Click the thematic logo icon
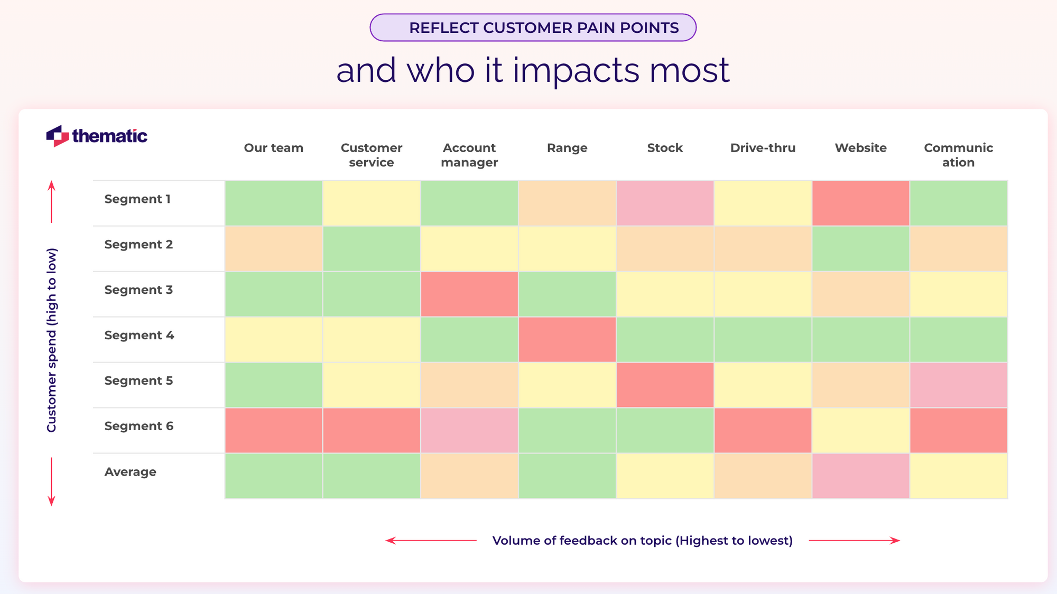point(58,136)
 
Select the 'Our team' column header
point(274,148)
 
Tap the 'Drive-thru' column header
point(763,148)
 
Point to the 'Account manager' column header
point(469,155)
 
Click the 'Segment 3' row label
point(138,290)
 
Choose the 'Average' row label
point(130,472)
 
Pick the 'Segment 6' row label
point(138,426)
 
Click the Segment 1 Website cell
point(860,203)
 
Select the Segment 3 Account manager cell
point(469,294)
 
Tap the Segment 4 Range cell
point(567,340)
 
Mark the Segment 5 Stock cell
point(665,385)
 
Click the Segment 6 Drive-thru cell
point(763,431)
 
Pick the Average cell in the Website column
point(860,476)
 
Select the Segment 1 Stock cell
point(665,203)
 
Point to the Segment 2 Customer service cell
point(372,249)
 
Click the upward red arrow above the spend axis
point(51,201)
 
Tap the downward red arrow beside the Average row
point(51,481)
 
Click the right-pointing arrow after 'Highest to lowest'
point(854,540)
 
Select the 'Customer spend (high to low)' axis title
point(51,340)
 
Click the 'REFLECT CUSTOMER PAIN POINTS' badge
point(533,27)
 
